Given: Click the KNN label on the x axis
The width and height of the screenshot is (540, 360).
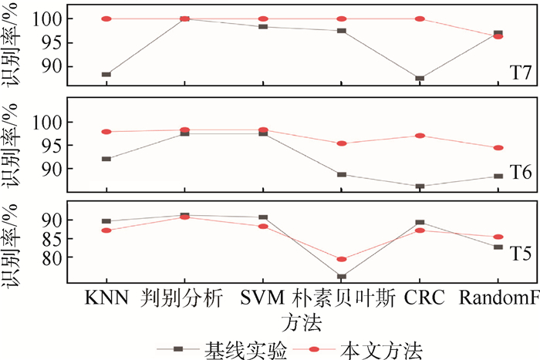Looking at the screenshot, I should coord(106,298).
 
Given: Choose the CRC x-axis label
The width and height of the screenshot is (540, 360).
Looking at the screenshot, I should coord(419,298).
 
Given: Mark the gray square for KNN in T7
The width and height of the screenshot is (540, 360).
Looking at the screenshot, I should coord(106,75).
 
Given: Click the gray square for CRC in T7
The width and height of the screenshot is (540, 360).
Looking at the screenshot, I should coord(419,79).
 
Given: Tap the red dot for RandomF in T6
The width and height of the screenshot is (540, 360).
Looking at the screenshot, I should coord(498,147).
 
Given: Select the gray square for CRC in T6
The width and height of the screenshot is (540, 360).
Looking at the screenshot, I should coord(419,187).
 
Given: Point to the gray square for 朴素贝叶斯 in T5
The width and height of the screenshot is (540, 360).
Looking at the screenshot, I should coord(340,276).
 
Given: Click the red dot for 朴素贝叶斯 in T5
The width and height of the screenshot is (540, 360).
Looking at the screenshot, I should coord(340,259).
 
